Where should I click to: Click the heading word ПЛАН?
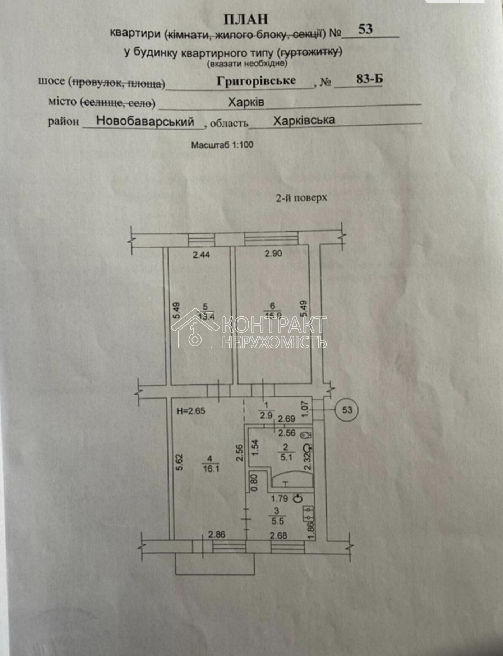246,19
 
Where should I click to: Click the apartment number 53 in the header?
365,29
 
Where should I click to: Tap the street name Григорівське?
256,81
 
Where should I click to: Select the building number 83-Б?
369,79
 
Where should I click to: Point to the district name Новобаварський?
145,121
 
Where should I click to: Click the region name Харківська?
304,120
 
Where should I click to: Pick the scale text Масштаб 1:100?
222,145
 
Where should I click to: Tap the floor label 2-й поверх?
301,198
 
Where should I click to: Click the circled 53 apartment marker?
347,410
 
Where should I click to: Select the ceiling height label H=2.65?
191,411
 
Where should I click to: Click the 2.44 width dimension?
201,255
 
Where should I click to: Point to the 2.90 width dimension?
273,253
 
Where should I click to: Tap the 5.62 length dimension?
180,462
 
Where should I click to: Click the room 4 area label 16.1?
211,469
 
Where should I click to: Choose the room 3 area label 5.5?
278,521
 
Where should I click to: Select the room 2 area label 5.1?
286,457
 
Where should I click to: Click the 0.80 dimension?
254,482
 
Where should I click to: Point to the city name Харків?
246,103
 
